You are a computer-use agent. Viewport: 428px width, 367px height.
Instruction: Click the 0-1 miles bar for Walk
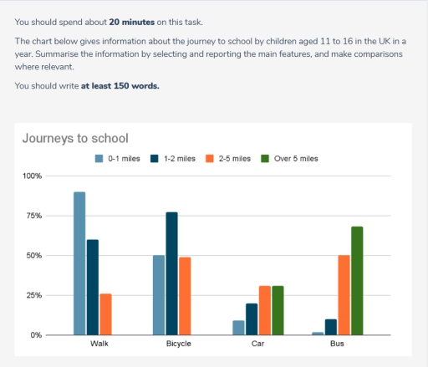(79, 263)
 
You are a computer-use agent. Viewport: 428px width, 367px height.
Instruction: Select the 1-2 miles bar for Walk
(92, 287)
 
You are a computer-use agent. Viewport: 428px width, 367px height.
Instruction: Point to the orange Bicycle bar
(185, 296)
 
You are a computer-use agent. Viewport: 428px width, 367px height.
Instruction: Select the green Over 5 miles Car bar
(278, 310)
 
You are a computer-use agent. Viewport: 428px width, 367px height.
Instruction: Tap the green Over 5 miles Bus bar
(357, 281)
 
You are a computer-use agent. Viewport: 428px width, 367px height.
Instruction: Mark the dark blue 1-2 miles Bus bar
(330, 327)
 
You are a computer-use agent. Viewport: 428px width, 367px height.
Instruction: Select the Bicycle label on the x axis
(171, 344)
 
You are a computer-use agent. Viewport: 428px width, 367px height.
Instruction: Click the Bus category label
(337, 344)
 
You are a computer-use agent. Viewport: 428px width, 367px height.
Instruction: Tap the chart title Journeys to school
(74, 138)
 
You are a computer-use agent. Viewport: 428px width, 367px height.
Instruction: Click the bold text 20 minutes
(132, 22)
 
